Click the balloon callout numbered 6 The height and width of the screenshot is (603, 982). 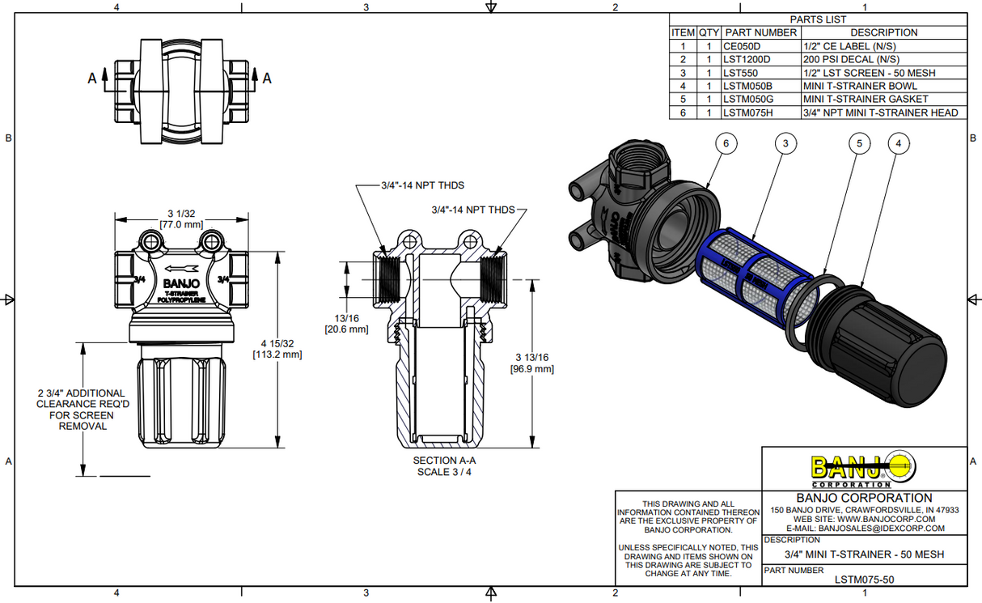point(726,143)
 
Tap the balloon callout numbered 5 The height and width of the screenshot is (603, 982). point(859,143)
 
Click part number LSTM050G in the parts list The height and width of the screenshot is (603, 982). point(747,100)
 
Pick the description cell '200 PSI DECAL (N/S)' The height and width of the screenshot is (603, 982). point(850,59)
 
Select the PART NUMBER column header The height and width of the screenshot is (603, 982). point(760,32)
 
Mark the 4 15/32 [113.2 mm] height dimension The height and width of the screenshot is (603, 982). point(277,348)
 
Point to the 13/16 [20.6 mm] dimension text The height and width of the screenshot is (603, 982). point(346,324)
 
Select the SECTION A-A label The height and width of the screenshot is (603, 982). point(443,460)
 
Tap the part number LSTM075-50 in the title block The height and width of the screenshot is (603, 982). point(864,579)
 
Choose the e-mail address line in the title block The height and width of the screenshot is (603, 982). point(865,529)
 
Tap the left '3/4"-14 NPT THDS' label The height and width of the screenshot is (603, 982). point(423,185)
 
